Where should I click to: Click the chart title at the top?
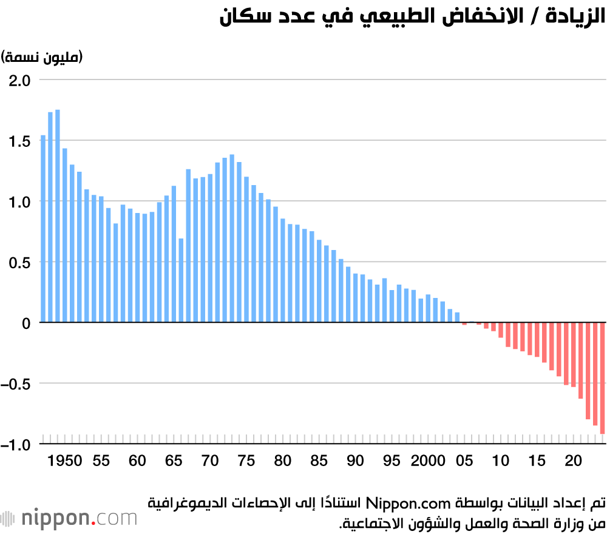coord(412,16)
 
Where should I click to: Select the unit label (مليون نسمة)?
coord(42,57)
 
